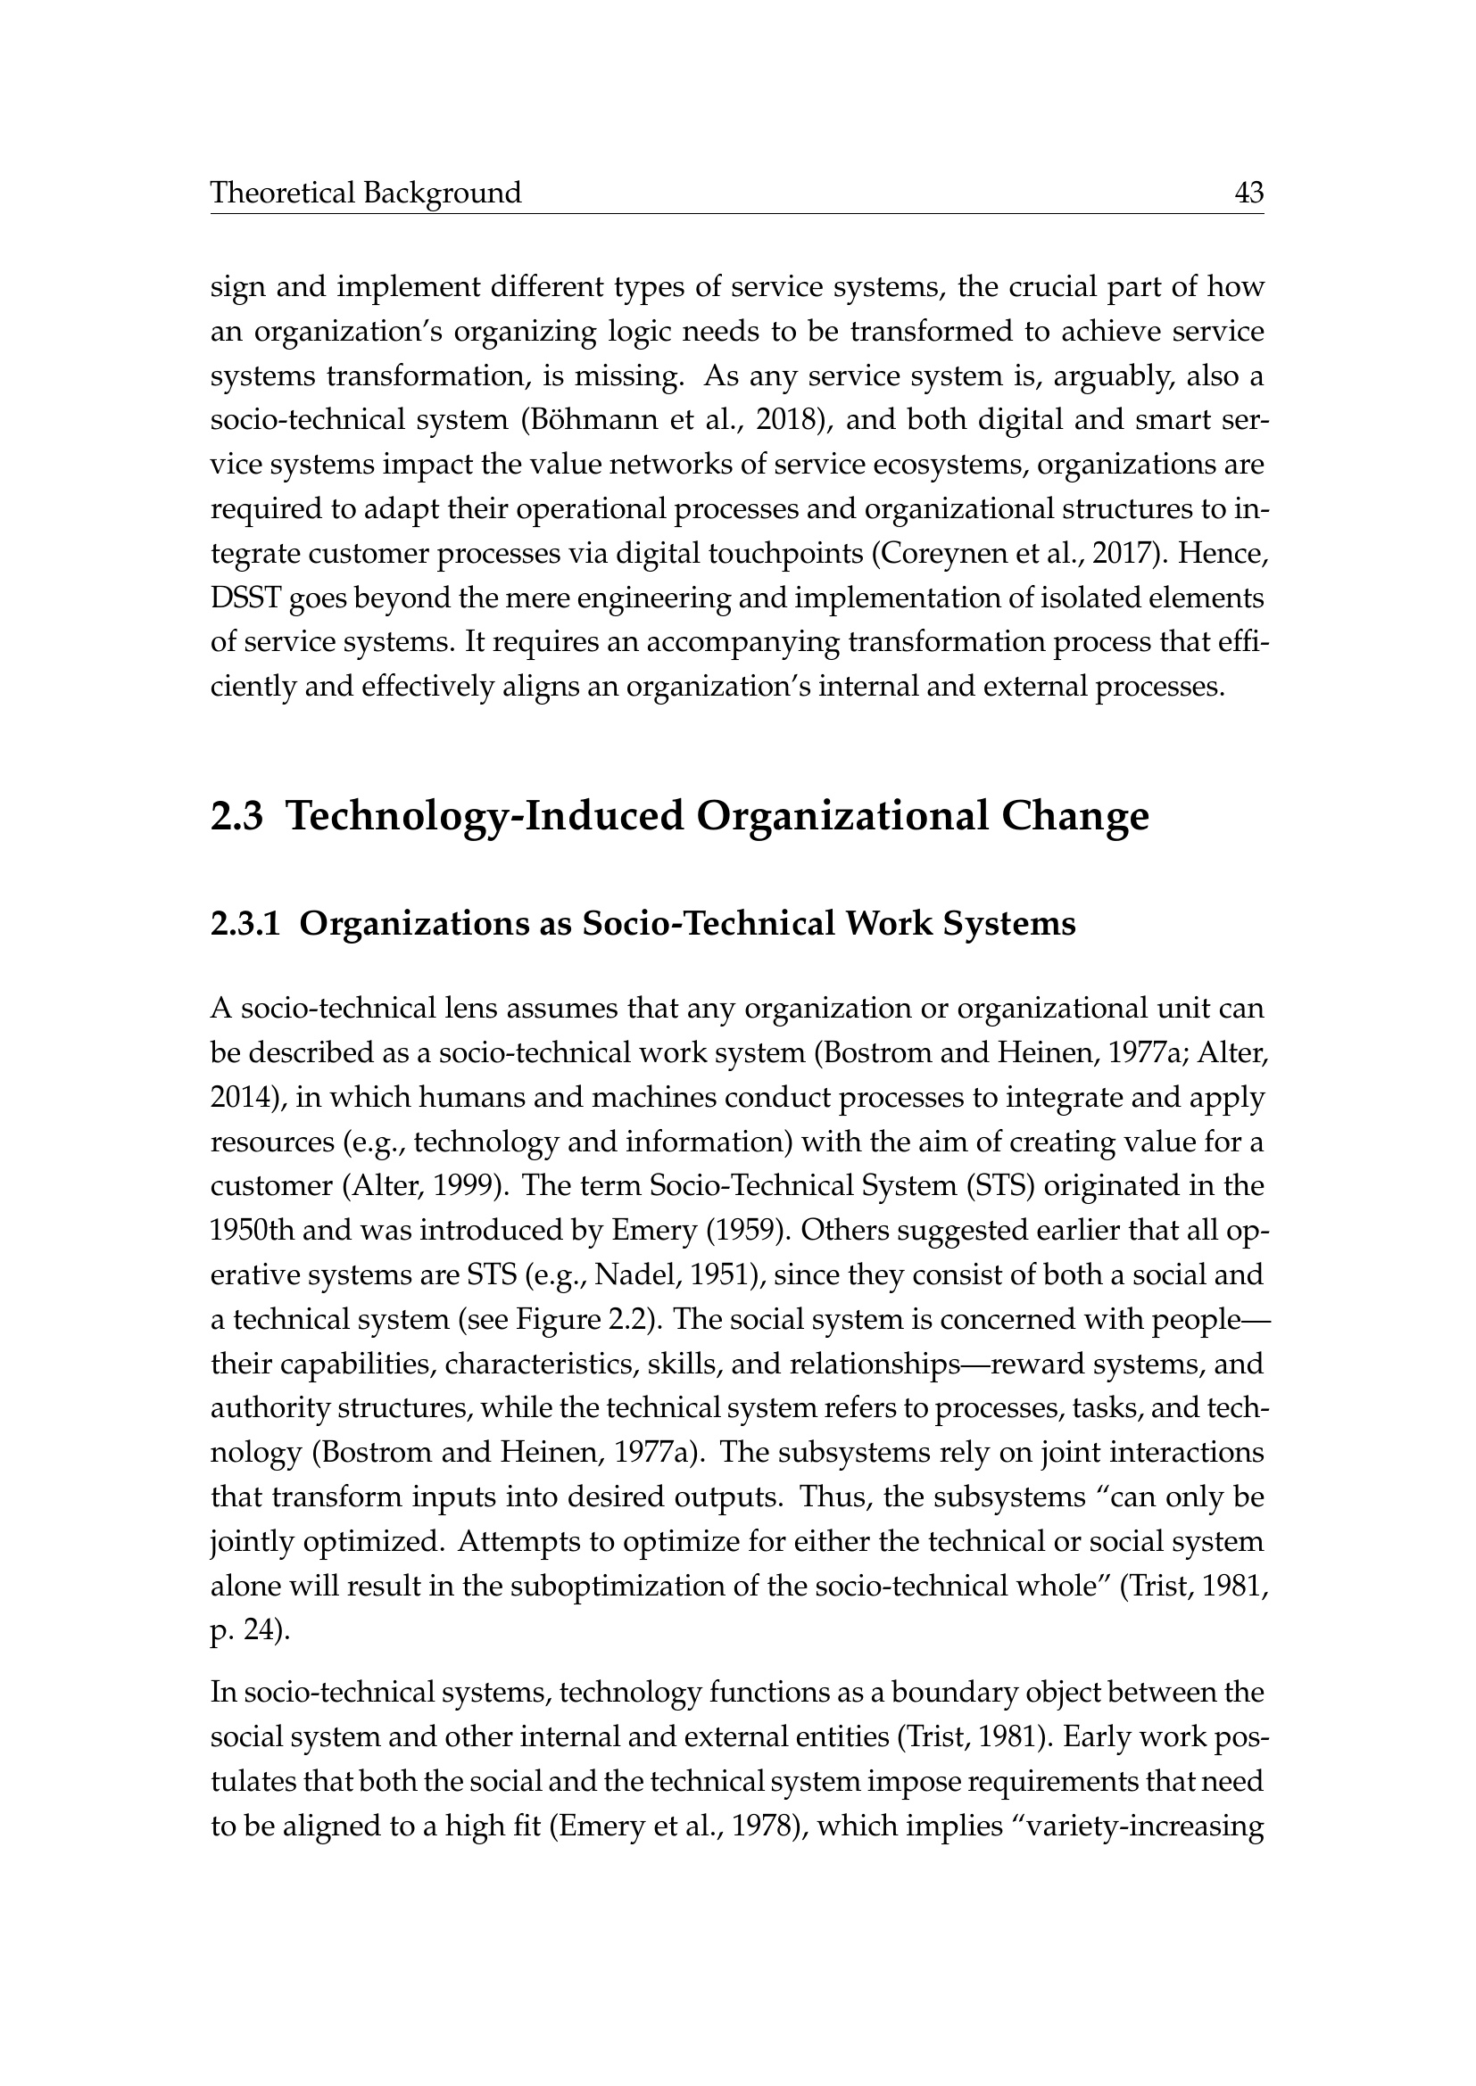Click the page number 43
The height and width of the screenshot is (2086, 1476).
pyautogui.click(x=1248, y=193)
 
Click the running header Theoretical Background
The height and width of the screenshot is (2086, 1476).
pyautogui.click(x=365, y=193)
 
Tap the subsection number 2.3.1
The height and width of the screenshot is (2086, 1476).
pyautogui.click(x=245, y=923)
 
